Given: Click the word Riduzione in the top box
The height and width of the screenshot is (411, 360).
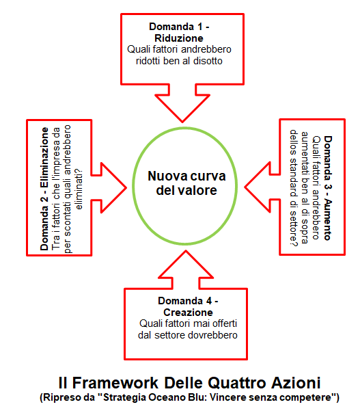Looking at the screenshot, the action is (179, 38).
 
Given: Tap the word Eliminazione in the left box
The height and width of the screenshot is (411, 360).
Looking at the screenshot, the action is (44, 157).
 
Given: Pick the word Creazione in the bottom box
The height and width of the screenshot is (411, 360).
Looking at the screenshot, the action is (188, 313).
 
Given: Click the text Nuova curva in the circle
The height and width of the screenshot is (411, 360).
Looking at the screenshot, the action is (186, 176).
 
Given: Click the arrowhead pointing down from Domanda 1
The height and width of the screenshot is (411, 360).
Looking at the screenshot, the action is (182, 108).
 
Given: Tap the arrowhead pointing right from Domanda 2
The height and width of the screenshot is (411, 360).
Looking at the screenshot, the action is (113, 187).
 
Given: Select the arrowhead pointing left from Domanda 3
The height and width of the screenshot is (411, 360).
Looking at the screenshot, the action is (258, 187).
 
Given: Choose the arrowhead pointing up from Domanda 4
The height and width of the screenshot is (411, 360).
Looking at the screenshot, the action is (186, 264).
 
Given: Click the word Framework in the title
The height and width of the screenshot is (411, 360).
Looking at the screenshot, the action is (115, 383).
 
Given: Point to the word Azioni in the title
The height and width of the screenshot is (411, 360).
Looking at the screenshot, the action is (296, 383).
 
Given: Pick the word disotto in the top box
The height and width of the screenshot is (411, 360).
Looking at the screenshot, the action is (208, 61).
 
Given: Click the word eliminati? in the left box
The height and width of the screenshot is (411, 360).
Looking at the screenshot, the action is (79, 189).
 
